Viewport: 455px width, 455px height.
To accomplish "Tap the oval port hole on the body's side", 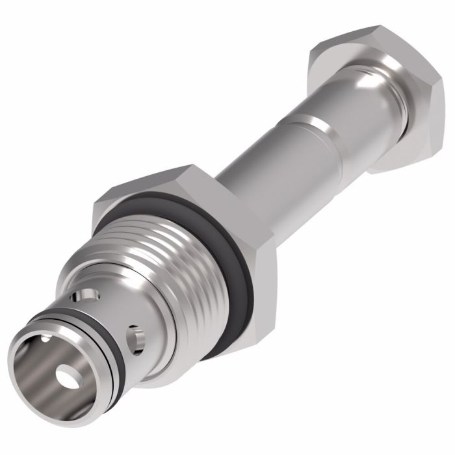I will (x=136, y=337).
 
